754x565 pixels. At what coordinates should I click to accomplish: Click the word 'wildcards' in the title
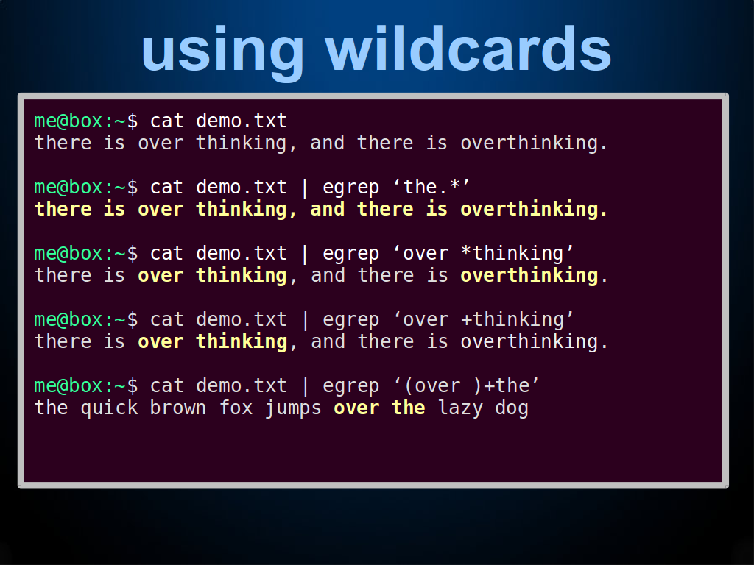click(468, 49)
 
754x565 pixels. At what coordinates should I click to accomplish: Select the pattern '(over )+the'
click(466, 385)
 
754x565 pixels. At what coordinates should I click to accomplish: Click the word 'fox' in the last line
click(236, 408)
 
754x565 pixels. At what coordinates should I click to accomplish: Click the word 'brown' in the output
click(177, 408)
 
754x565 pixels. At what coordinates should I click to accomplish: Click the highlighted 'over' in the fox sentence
click(356, 408)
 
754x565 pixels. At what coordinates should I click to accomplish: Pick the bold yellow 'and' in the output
click(327, 209)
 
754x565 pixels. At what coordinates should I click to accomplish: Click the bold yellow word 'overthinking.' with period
click(534, 210)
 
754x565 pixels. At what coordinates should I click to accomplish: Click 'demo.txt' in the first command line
click(242, 121)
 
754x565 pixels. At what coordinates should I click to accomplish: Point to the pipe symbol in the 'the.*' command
click(304, 188)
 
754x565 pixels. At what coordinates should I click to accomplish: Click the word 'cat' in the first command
click(166, 121)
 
